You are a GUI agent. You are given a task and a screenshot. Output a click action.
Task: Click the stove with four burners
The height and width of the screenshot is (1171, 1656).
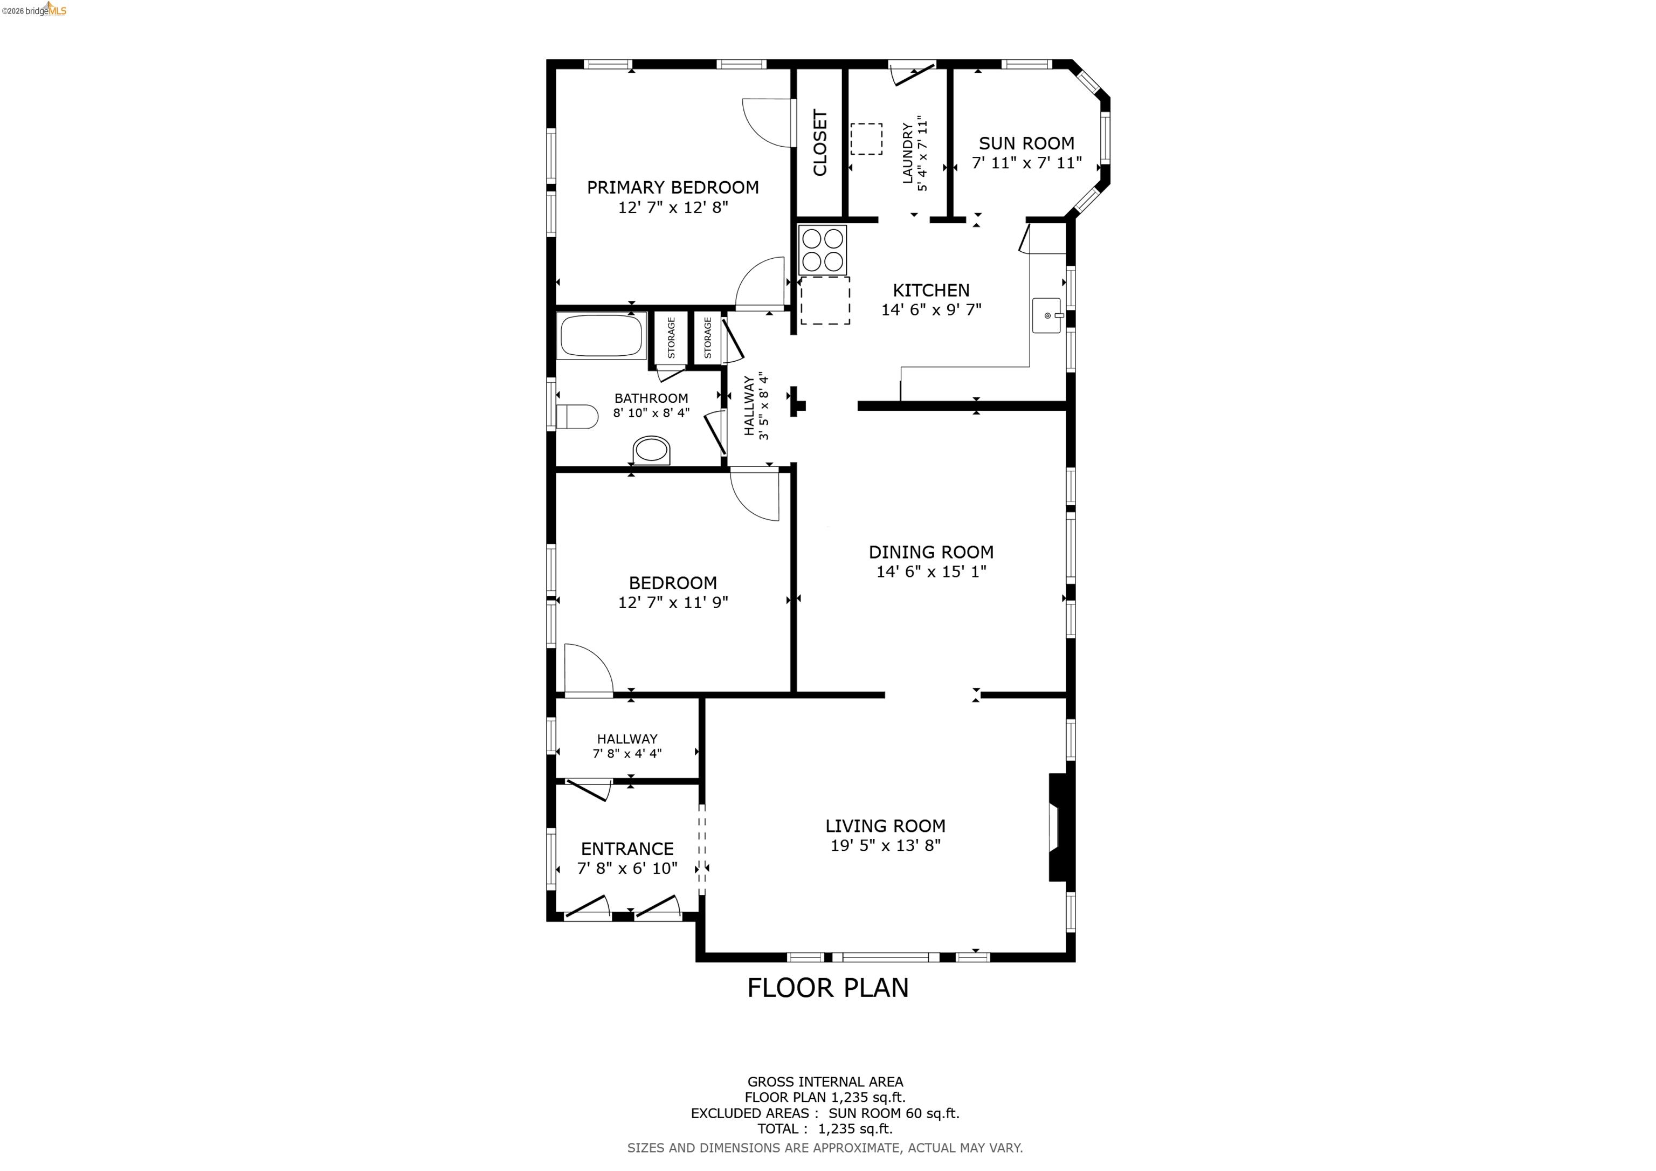[x=822, y=249]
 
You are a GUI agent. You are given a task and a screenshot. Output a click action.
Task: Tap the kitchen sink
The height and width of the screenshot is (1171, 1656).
[x=1046, y=315]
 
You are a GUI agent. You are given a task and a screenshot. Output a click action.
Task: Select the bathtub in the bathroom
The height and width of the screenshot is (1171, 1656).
[x=602, y=336]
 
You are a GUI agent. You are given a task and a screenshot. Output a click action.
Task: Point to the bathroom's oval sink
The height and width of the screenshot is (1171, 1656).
[x=652, y=451]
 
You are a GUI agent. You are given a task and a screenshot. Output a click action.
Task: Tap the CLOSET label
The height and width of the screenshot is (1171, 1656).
[x=820, y=142]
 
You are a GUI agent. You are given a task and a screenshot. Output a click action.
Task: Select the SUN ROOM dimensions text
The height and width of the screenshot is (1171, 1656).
[x=1026, y=163]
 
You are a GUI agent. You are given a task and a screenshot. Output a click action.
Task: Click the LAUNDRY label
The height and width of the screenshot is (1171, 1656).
[x=907, y=153]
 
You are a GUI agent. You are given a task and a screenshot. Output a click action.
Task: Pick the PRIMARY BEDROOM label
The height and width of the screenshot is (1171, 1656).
[x=672, y=188]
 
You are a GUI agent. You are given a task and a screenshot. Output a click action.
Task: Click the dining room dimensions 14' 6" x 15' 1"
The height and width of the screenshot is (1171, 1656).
[x=930, y=571]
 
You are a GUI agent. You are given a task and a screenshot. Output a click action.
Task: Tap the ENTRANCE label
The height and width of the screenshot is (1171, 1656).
[x=627, y=849]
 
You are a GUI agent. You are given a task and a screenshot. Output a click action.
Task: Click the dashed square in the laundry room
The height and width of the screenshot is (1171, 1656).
[x=866, y=139]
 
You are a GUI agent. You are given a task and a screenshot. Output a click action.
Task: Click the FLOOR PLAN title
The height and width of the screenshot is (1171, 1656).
[x=827, y=988]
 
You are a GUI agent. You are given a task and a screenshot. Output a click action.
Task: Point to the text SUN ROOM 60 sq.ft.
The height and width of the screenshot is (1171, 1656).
[x=894, y=1113]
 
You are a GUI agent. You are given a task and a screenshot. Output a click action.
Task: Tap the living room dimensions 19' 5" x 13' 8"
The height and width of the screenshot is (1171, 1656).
[x=885, y=845]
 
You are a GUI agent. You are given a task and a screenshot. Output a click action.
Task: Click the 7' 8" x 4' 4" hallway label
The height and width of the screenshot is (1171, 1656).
[x=627, y=753]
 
